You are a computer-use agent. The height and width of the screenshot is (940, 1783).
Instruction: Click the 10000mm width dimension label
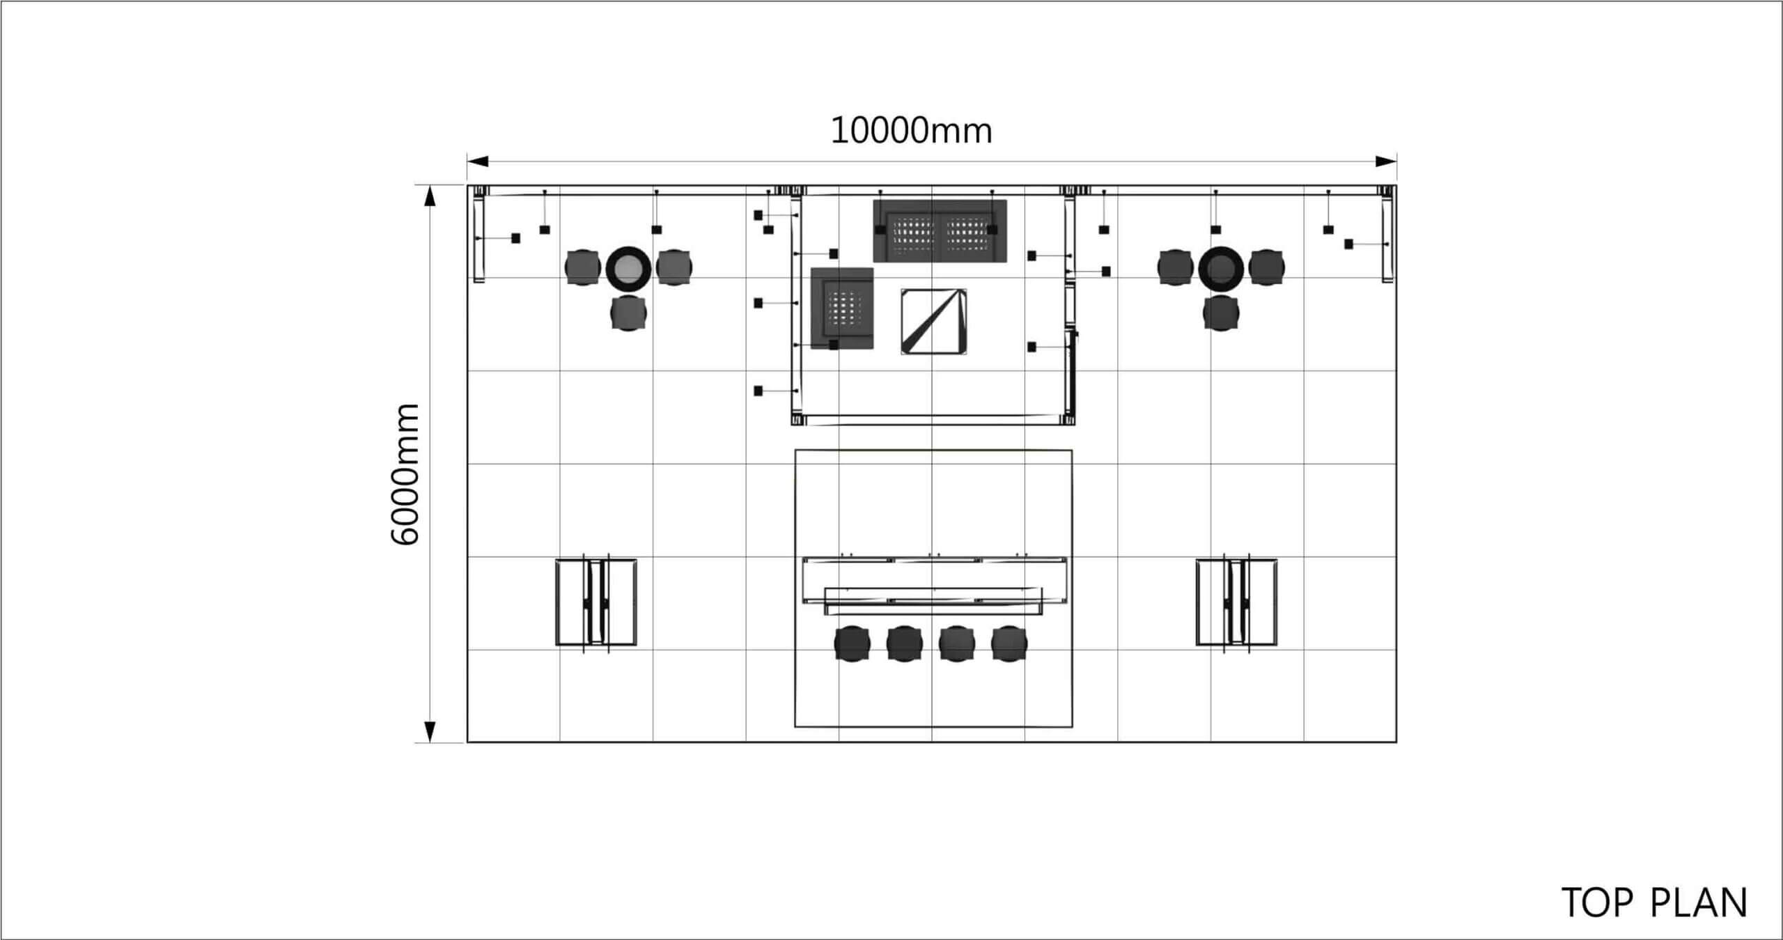911,131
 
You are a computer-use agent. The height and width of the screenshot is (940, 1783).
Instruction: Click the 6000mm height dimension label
405,473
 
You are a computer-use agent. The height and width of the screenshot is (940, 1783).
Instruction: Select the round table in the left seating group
628,267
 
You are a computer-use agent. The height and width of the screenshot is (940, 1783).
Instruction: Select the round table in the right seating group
1221,267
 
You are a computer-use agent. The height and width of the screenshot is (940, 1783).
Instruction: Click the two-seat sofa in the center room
940,231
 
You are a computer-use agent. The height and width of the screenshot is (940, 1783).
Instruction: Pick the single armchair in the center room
842,308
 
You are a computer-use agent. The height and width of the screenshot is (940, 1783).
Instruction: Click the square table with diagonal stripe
933,322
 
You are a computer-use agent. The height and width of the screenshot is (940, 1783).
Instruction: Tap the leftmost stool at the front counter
852,643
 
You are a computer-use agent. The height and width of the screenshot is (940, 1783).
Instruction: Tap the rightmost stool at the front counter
1009,643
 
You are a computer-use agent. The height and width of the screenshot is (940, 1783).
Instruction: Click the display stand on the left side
596,602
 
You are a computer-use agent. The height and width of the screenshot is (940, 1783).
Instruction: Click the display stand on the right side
1236,602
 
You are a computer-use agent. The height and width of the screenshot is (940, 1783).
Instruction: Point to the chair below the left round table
628,313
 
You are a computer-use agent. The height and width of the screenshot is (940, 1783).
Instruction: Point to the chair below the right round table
1221,313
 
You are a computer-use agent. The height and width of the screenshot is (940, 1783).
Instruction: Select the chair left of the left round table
582,267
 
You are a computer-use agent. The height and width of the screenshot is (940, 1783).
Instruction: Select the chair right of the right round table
1267,267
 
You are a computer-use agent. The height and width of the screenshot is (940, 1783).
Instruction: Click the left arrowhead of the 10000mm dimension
477,162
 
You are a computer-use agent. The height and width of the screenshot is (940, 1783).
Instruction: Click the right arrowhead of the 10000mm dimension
1386,162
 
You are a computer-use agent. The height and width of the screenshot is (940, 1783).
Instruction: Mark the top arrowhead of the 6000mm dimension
430,196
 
